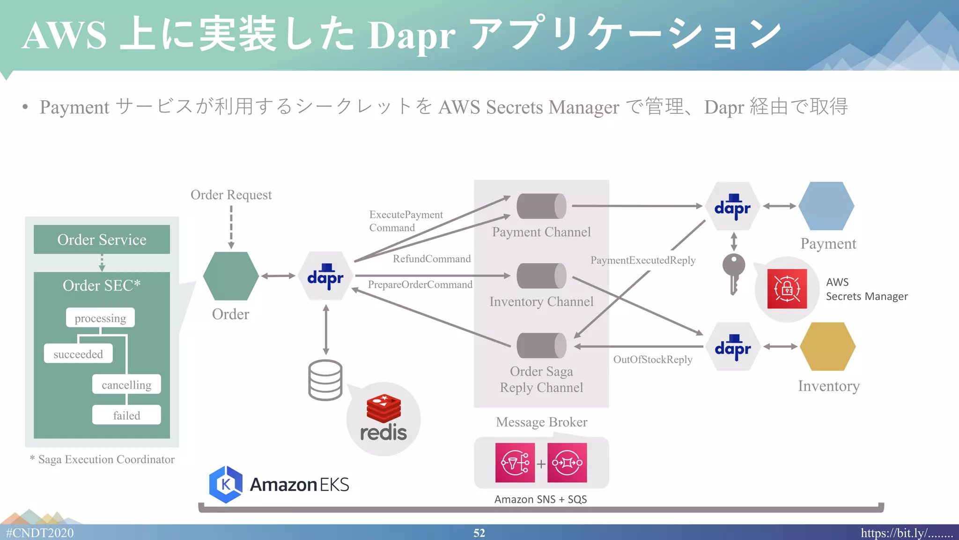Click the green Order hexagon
point(231,276)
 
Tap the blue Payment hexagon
point(826,206)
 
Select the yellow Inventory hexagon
point(827,346)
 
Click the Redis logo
point(384,419)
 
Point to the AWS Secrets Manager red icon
point(787,289)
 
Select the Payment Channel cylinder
point(541,206)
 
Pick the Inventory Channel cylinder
point(541,276)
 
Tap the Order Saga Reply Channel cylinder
point(541,345)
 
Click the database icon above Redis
point(325,380)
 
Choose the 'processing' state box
point(100,318)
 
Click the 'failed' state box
point(126,415)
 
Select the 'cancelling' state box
point(126,384)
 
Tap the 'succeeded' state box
point(78,354)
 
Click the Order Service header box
point(102,240)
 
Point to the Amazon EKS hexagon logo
point(226,484)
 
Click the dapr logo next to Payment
point(732,206)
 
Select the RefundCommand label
point(432,259)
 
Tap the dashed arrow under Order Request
point(231,227)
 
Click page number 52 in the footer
point(479,533)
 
